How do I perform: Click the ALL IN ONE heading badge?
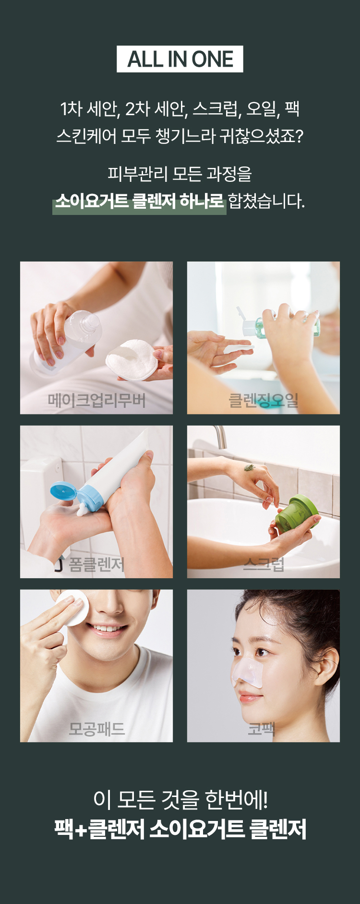coord(180,59)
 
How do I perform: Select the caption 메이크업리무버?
coord(96,400)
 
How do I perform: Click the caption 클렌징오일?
coord(264,400)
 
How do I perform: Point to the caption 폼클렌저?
coord(96,564)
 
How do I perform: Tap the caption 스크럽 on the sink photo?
coord(264,564)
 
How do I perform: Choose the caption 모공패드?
coord(96,729)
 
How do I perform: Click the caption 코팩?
coord(262,729)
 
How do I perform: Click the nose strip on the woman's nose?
coord(248,670)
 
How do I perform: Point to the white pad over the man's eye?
coord(72,607)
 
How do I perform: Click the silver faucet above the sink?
coord(221,437)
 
